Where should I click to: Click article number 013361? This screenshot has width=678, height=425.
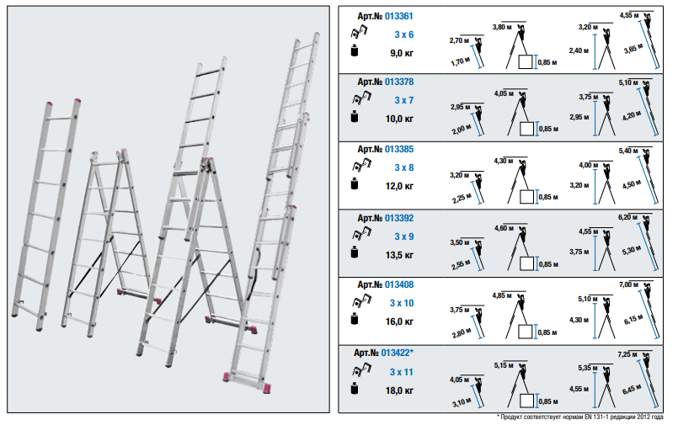pyautogui.click(x=398, y=17)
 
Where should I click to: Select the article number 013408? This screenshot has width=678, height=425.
pyautogui.click(x=398, y=285)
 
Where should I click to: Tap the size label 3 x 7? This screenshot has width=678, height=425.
pyautogui.click(x=404, y=100)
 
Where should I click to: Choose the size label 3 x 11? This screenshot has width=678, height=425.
pyautogui.click(x=401, y=372)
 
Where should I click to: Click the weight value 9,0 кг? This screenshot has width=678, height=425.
pyautogui.click(x=402, y=53)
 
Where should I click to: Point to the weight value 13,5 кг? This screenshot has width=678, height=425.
pyautogui.click(x=399, y=255)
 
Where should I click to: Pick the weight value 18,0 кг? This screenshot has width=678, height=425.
pyautogui.click(x=399, y=390)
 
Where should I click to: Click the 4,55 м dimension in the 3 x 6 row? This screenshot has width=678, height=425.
pyautogui.click(x=629, y=15)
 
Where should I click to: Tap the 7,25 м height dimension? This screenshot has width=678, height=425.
pyautogui.click(x=627, y=354)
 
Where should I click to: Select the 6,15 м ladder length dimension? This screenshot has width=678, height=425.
pyautogui.click(x=633, y=320)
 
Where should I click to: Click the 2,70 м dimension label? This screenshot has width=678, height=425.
pyautogui.click(x=459, y=40)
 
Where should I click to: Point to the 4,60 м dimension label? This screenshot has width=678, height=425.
pyautogui.click(x=504, y=228)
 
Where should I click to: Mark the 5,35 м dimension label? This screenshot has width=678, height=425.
pyautogui.click(x=588, y=368)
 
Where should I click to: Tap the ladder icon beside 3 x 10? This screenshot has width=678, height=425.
pyautogui.click(x=362, y=300)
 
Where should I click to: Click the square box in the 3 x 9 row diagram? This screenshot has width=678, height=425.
pyautogui.click(x=526, y=263)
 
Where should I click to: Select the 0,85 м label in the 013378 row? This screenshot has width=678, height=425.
pyautogui.click(x=548, y=129)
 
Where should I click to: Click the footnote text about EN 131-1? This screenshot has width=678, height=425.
pyautogui.click(x=579, y=417)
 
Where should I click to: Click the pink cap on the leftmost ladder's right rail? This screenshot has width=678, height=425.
pyautogui.click(x=77, y=102)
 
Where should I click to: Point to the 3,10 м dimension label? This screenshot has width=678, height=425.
pyautogui.click(x=462, y=402)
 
